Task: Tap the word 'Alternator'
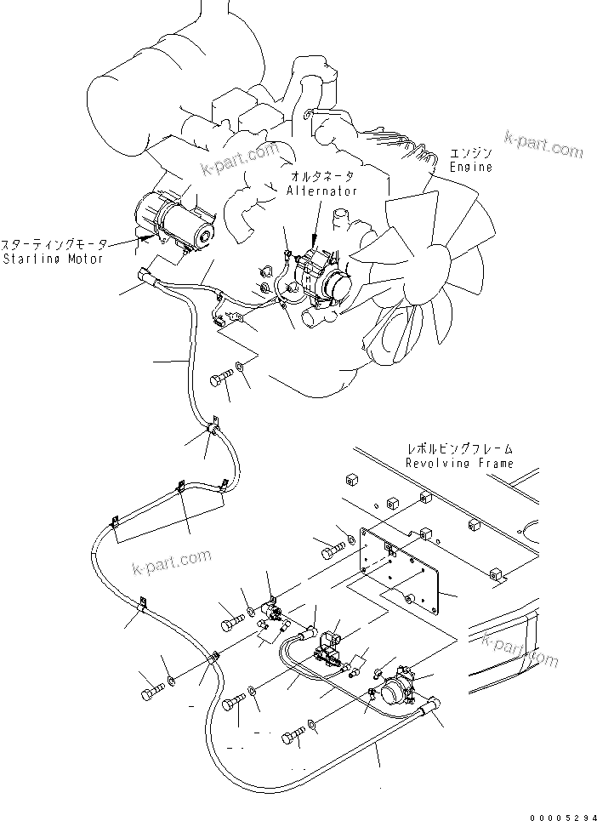coord(321,191)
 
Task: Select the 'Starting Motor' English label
coord(53,258)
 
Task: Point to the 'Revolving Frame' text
coord(459,463)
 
